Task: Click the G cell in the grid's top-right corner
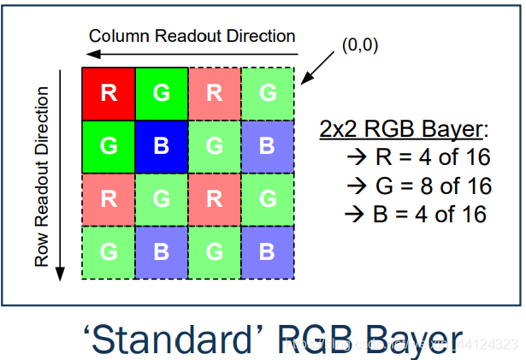(267, 93)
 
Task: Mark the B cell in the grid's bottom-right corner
(267, 252)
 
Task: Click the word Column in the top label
(116, 36)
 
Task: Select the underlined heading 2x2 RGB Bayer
(402, 129)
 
